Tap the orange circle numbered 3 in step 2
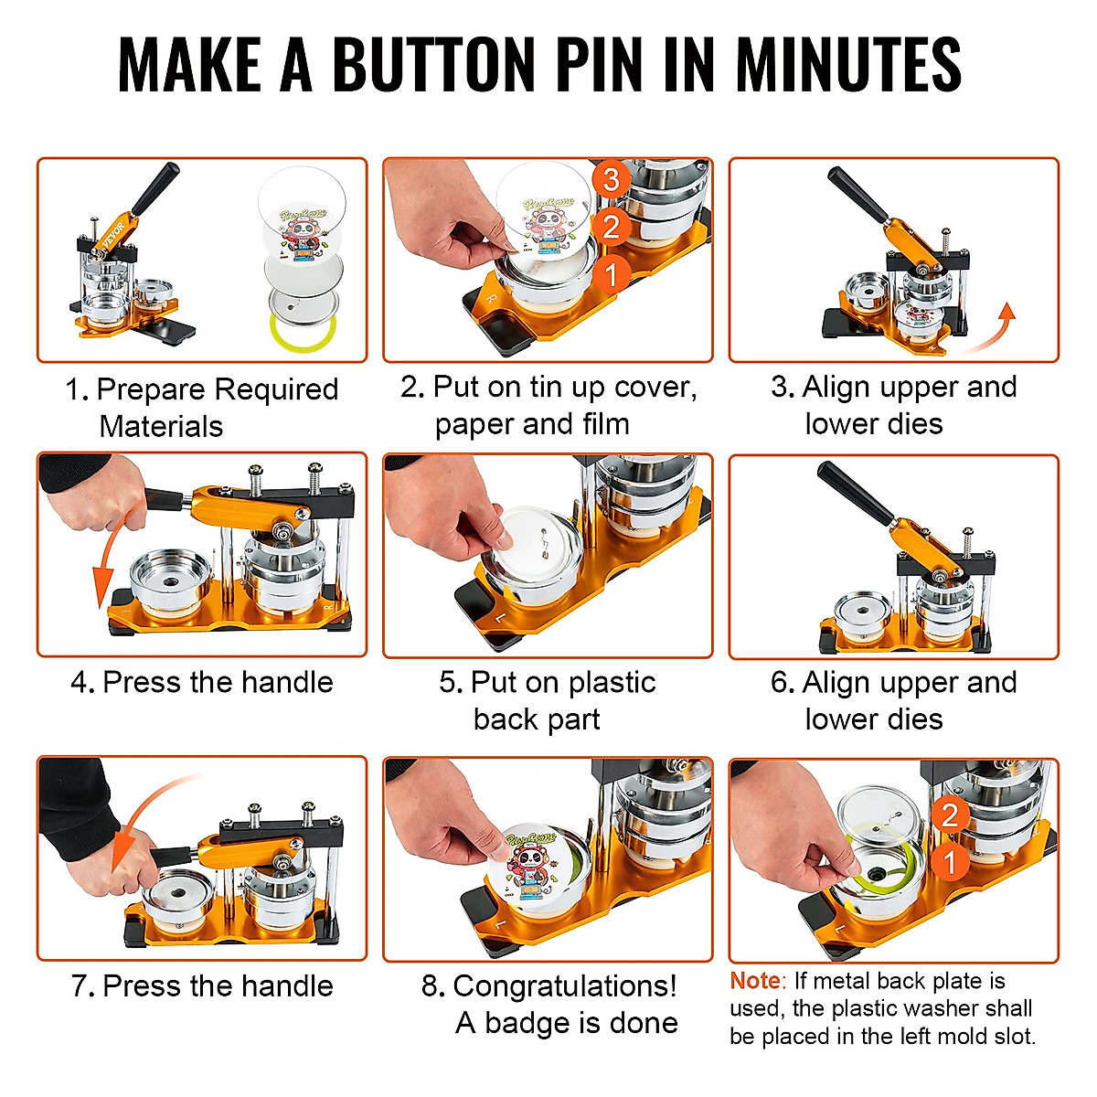point(611,179)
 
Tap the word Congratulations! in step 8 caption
point(565,985)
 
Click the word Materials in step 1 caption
point(161,426)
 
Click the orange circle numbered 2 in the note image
point(950,814)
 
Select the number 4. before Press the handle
point(82,682)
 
